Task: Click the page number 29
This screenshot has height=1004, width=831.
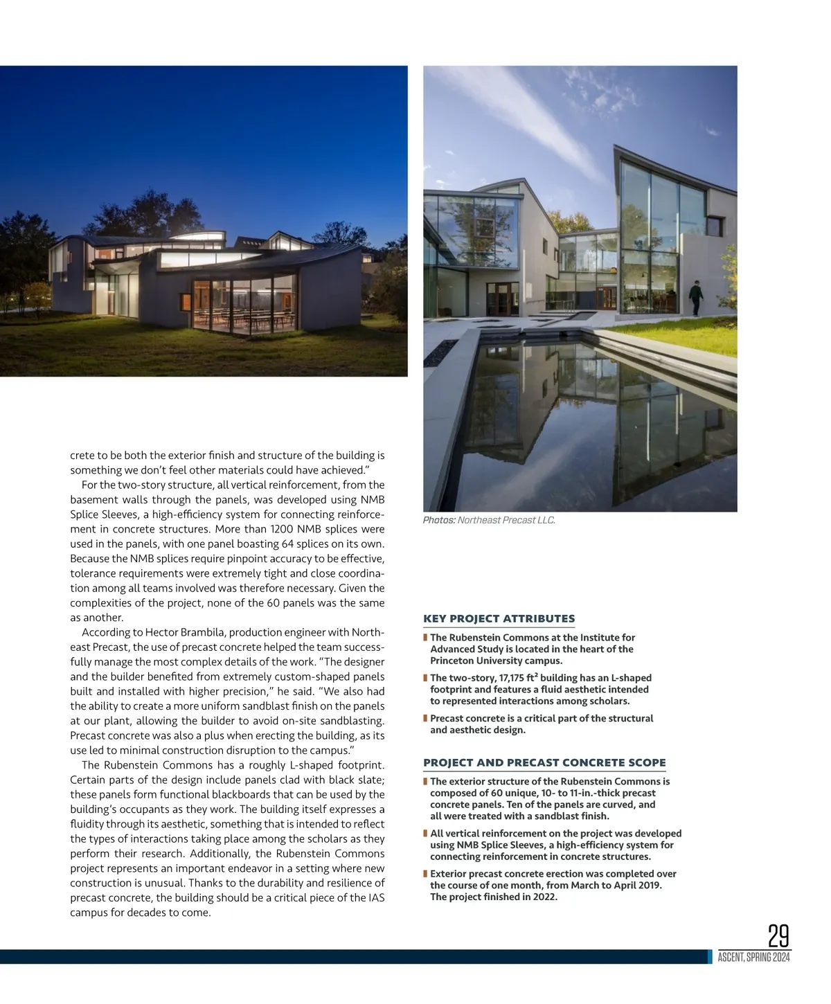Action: [x=778, y=936]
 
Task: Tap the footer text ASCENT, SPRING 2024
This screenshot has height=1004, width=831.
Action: [x=753, y=958]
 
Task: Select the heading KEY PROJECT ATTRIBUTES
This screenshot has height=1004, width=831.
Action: [x=499, y=618]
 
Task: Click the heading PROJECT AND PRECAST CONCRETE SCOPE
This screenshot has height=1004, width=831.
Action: [x=544, y=762]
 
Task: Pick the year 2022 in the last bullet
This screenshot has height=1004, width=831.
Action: [x=544, y=897]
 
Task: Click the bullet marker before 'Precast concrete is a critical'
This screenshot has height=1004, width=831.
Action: [x=425, y=719]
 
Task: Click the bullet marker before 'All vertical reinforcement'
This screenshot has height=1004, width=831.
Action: [x=425, y=834]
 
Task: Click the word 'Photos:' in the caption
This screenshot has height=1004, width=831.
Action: [x=439, y=520]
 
